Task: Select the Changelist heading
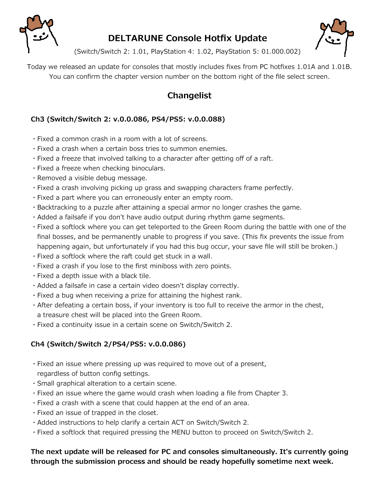pos(189,95)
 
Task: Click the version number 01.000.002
pos(280,51)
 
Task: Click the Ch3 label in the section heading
pos(38,119)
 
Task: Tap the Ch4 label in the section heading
pos(38,344)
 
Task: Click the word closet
pos(146,413)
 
